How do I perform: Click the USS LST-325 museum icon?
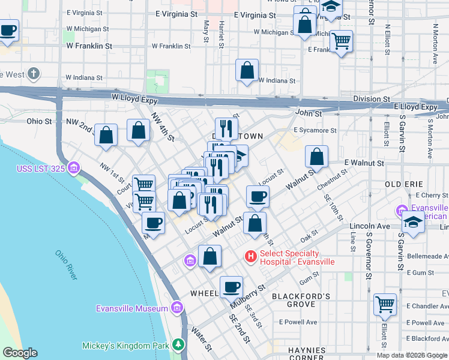click(x=74, y=166)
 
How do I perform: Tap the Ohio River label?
click(x=66, y=265)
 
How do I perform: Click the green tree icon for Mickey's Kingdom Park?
click(x=178, y=345)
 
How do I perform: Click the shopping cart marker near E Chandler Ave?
click(x=385, y=304)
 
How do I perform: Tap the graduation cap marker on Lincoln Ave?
click(x=412, y=221)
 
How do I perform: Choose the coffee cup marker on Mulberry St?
click(x=231, y=287)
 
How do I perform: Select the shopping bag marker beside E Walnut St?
click(x=316, y=157)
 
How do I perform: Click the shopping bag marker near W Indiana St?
click(x=247, y=70)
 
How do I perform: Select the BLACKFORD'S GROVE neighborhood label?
click(x=301, y=301)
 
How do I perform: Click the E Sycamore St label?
click(x=315, y=130)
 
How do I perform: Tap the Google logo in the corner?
click(x=20, y=353)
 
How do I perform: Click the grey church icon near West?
click(x=34, y=74)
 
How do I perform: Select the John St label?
click(x=309, y=113)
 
